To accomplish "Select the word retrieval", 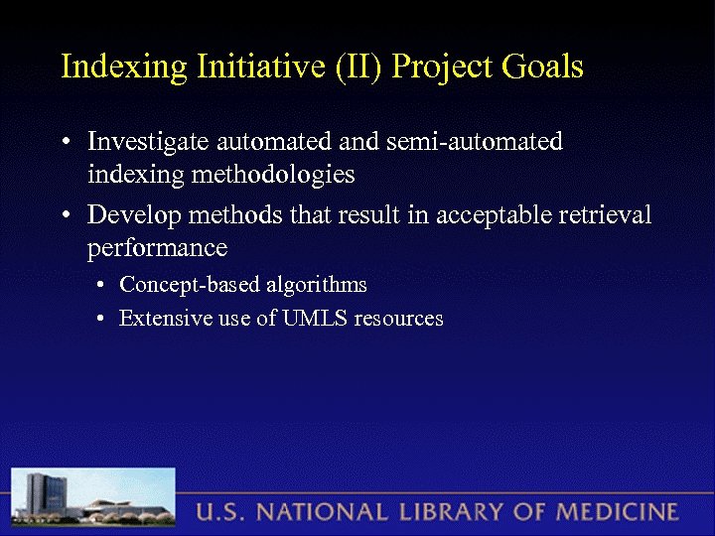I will click(605, 214).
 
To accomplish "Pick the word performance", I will click(157, 247).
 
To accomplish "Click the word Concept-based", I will click(190, 286).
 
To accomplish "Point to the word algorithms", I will click(317, 286).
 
